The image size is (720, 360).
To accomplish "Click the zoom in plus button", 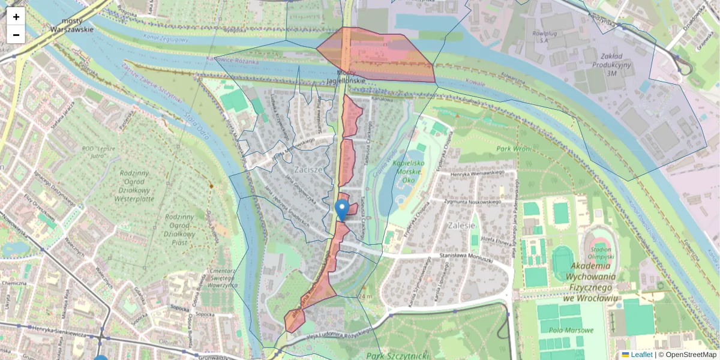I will [x=16, y=17].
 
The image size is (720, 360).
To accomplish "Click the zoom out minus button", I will [x=16, y=35].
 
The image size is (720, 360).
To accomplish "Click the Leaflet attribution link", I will [x=640, y=355].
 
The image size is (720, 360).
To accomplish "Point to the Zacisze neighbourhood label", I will [x=308, y=170].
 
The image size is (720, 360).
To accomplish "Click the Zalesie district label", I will [x=461, y=226].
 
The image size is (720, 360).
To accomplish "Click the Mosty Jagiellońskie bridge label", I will [x=346, y=77].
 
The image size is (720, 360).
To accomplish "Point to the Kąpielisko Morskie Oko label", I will [x=409, y=172].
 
